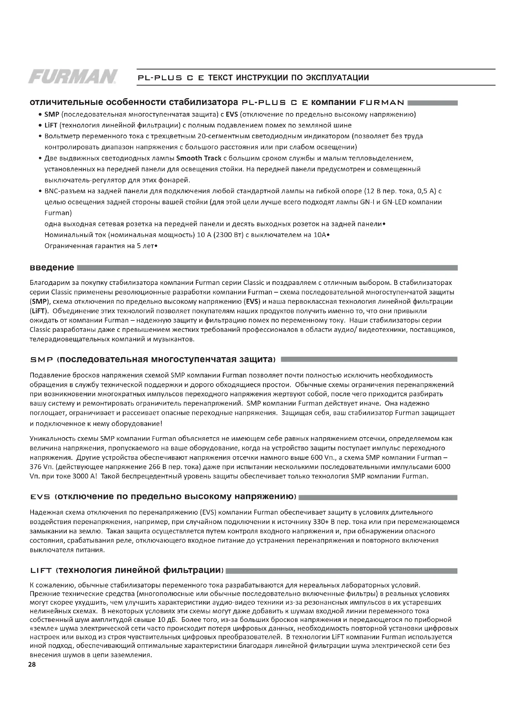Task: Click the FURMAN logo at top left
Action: [73, 77]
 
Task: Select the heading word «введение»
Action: [52, 268]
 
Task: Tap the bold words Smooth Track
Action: [199, 158]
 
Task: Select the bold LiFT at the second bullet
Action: [51, 125]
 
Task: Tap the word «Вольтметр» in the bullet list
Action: [62, 136]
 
